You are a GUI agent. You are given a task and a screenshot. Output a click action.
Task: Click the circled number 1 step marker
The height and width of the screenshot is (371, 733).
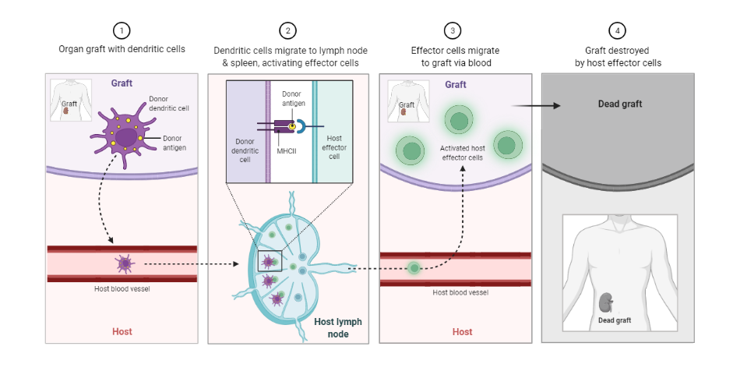pyautogui.click(x=122, y=31)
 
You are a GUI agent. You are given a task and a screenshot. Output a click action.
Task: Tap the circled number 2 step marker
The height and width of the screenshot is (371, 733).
pyautogui.click(x=289, y=31)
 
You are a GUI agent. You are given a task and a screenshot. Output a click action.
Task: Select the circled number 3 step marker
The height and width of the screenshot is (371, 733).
pyautogui.click(x=452, y=31)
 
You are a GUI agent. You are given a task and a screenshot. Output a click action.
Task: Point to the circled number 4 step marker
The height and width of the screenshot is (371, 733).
pyautogui.click(x=618, y=31)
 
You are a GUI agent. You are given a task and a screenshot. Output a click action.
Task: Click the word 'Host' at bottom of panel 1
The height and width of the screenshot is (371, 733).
pyautogui.click(x=122, y=331)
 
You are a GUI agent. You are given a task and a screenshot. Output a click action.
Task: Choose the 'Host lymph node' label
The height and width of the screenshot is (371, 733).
pyautogui.click(x=337, y=327)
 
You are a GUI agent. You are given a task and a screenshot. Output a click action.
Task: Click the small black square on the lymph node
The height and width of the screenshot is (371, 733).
pyautogui.click(x=270, y=260)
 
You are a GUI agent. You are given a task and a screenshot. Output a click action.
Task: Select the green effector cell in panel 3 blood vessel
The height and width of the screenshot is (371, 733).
pyautogui.click(x=414, y=267)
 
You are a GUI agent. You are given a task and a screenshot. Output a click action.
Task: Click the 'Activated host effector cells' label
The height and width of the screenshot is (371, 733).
pyautogui.click(x=461, y=152)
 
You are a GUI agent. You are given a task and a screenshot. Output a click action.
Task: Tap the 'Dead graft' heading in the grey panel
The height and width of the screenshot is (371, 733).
pyautogui.click(x=619, y=104)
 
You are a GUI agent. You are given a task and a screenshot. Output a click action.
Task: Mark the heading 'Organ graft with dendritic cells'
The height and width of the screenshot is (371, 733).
pyautogui.click(x=122, y=50)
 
